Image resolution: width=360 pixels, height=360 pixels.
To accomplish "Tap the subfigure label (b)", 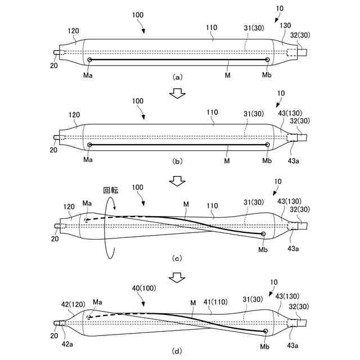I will coord(178,161).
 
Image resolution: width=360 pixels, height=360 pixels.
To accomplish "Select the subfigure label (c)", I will coord(178,259).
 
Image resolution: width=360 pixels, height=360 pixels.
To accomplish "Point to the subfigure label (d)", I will coord(178,352).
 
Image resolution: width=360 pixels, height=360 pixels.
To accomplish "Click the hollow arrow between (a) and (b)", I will coord(178,93).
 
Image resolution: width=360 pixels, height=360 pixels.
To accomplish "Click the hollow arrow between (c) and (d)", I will coord(178,277).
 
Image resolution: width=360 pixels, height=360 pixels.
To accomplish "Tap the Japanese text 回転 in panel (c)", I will coord(111,191).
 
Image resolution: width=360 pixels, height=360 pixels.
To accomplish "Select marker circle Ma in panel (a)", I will coord(89,59).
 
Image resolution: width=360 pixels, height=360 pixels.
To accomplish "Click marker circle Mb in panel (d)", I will coord(266,331).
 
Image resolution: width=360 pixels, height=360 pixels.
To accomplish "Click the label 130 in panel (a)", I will coord(285,26).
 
